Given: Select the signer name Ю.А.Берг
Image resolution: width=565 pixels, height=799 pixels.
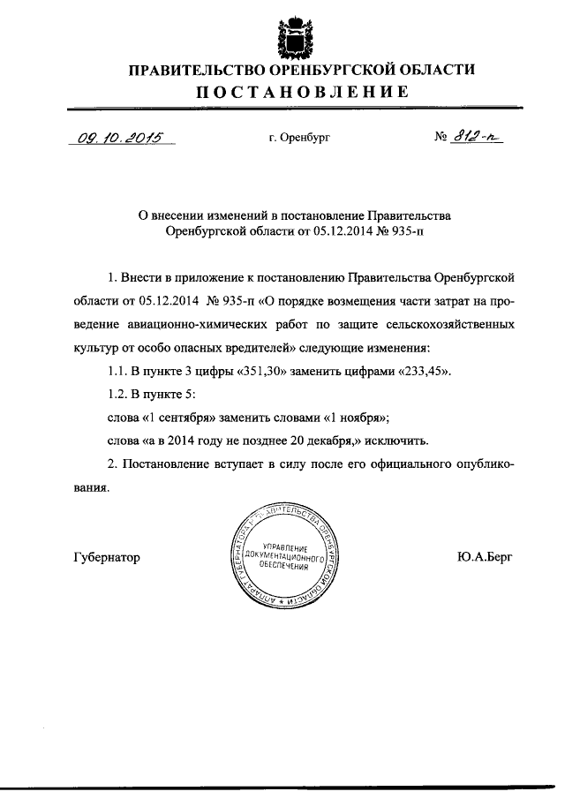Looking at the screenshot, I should [x=485, y=558].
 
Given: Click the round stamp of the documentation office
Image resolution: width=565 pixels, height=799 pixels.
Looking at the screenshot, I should [x=282, y=558].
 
